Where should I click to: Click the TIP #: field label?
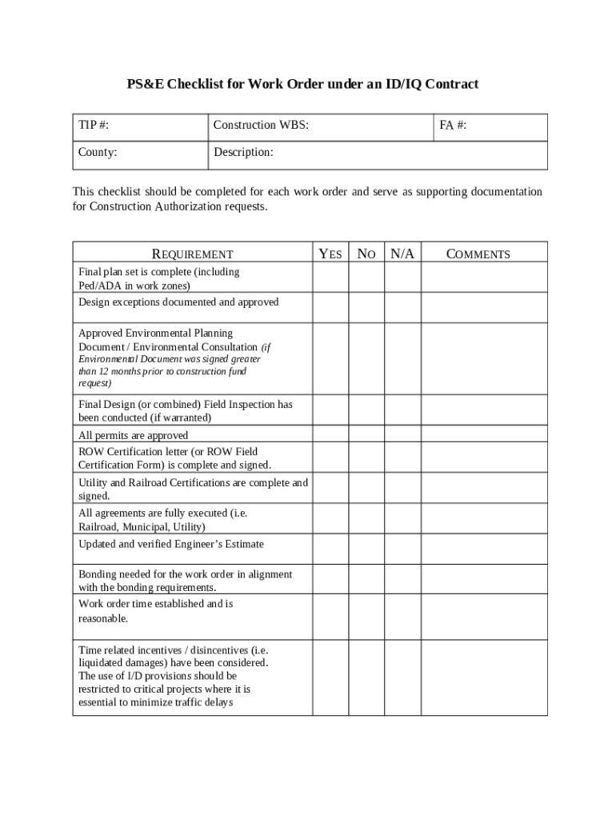[x=94, y=126]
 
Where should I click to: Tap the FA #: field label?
[x=454, y=126]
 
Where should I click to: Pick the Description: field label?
[x=243, y=152]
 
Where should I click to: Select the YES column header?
[x=330, y=254]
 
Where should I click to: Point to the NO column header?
[x=366, y=254]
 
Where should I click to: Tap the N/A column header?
[x=402, y=254]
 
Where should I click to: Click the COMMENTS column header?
[x=478, y=254]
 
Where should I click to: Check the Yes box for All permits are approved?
[x=330, y=435]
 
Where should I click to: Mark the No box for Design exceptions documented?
[x=366, y=307]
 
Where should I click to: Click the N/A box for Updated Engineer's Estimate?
[x=402, y=549]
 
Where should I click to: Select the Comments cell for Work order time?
[x=484, y=616]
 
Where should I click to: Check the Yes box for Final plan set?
[x=330, y=278]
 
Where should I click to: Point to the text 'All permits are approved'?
[x=133, y=436]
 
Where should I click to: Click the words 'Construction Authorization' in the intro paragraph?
[x=161, y=207]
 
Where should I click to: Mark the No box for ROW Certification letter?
[x=366, y=458]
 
